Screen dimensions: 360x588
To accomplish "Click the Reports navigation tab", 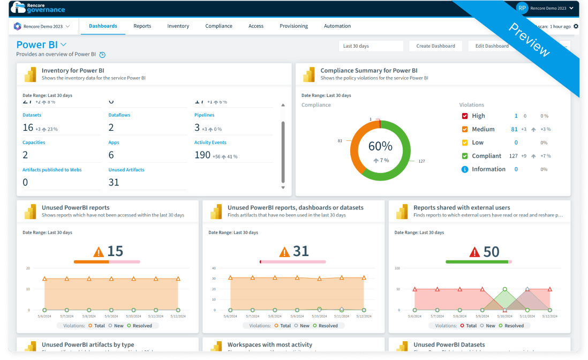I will pos(142,26).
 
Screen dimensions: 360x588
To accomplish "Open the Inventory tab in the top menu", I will pos(178,26).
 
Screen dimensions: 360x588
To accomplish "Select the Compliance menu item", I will pos(218,26).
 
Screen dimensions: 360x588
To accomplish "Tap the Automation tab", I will pos(337,26).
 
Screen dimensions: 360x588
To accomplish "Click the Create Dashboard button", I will pos(435,46).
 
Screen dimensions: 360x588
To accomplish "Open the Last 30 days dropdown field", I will pos(371,46).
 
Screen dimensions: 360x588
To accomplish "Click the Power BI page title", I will pos(37,45).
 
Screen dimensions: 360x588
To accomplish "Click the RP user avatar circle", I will pos(522,8).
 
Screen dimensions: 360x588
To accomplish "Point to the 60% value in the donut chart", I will pos(380,146).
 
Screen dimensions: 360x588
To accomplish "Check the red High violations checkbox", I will pos(465,116).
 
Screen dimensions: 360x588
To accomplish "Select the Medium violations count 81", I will pos(514,129).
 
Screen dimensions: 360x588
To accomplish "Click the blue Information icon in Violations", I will pos(465,169).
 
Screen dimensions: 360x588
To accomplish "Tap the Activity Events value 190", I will pos(202,155).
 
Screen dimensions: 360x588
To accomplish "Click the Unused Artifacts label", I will pos(126,170).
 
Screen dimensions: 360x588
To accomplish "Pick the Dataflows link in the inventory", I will pos(119,115).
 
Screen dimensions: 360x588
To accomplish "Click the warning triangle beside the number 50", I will pos(474,252).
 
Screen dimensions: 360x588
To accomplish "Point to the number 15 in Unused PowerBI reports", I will pos(115,251).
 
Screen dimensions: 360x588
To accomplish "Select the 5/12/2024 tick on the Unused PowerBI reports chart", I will pos(178,317).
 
